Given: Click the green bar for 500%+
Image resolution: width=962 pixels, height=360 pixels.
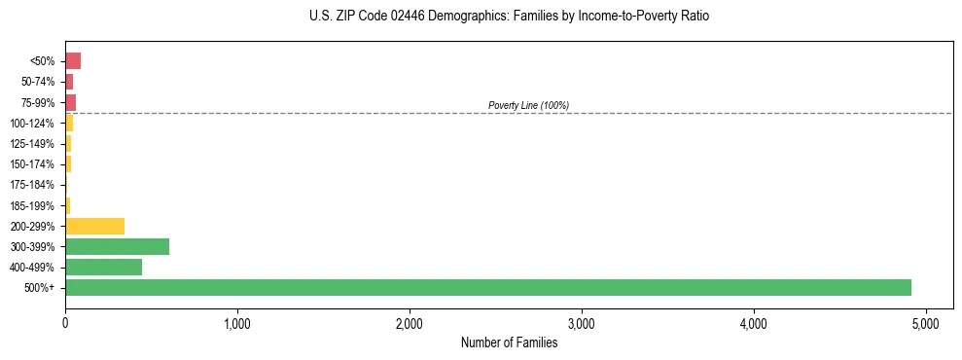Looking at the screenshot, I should (x=487, y=287).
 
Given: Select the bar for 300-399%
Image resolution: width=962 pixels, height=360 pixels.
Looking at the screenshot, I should (x=117, y=246).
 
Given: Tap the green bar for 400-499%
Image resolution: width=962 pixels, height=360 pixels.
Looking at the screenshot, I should (x=103, y=267).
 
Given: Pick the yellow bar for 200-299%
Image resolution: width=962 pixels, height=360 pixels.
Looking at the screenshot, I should (x=94, y=226).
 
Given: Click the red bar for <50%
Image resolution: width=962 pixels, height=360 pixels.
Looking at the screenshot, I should (x=73, y=61).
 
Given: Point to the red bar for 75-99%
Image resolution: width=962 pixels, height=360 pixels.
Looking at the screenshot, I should (x=70, y=102).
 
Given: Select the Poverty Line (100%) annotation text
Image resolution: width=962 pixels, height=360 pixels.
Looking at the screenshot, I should (x=528, y=105).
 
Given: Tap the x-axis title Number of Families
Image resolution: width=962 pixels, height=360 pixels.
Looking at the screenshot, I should (x=509, y=342).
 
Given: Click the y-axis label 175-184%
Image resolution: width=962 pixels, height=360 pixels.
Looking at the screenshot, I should (x=33, y=185).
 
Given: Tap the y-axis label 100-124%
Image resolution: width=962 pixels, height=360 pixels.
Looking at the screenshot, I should (x=33, y=124).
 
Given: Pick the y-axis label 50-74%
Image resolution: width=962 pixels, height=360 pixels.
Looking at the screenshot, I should (x=38, y=82).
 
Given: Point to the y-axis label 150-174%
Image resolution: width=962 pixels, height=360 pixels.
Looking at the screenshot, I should (x=33, y=164).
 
